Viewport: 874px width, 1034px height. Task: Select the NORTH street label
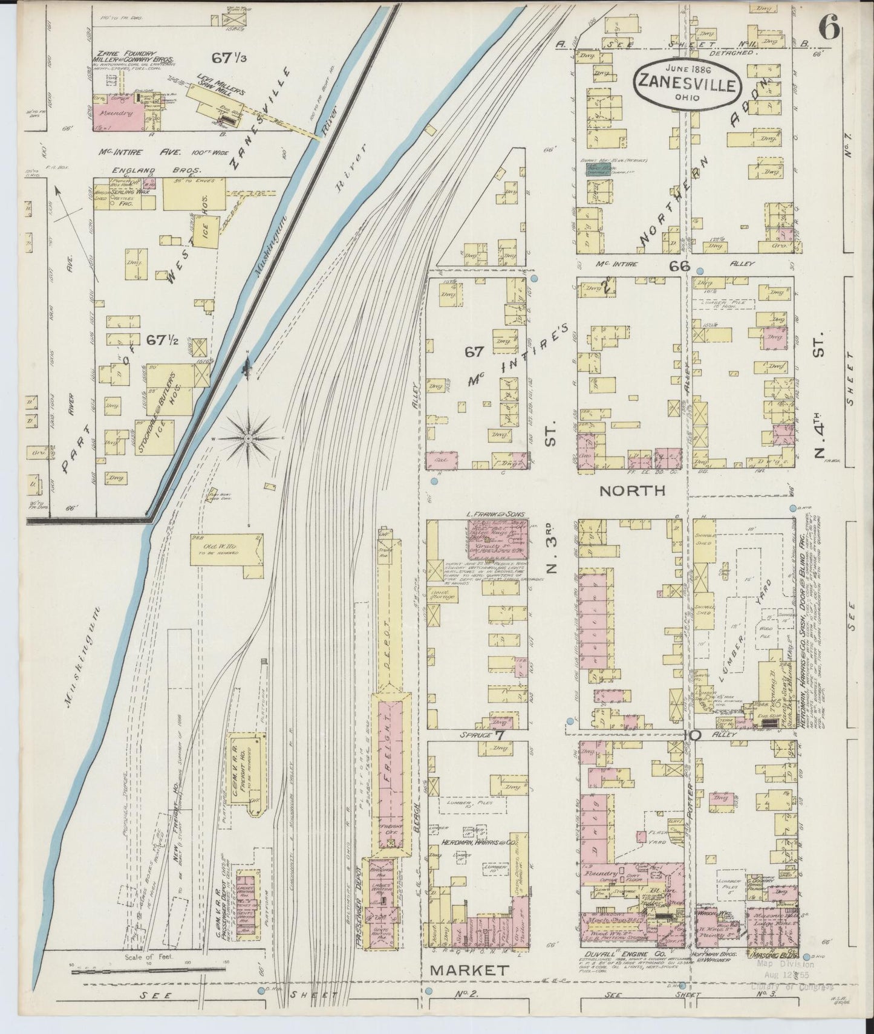[632, 490]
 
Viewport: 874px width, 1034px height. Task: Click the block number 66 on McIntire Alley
[679, 265]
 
